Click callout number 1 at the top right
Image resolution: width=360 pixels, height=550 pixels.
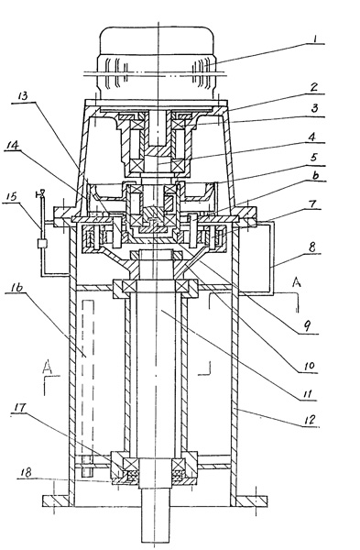click(x=314, y=38)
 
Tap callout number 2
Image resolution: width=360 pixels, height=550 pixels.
click(x=313, y=87)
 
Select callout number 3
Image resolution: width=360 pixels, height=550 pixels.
click(x=314, y=108)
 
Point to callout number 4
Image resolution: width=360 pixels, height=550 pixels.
click(x=311, y=136)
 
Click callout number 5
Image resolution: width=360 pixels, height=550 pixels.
click(x=313, y=158)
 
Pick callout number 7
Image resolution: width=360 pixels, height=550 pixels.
click(x=313, y=203)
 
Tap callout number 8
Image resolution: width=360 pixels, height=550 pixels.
click(x=312, y=247)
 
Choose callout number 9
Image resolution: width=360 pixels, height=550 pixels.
click(x=307, y=327)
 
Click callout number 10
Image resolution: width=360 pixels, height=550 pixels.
click(x=307, y=367)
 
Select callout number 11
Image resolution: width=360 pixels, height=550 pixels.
click(x=307, y=394)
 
